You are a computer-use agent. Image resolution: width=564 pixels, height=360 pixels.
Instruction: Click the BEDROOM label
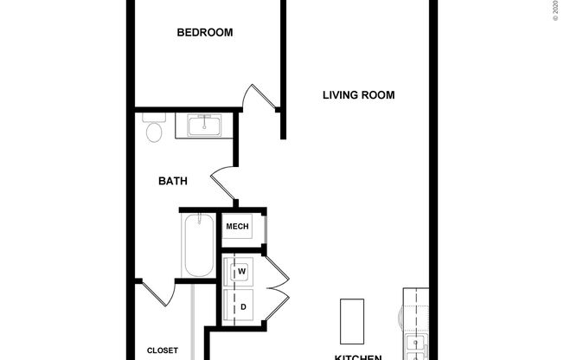[x=205, y=33]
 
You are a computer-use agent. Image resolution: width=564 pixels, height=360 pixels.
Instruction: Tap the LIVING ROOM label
[x=359, y=95]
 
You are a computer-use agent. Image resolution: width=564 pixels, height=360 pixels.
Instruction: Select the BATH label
[x=173, y=182]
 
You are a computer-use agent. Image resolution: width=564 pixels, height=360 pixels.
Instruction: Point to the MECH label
[x=237, y=228]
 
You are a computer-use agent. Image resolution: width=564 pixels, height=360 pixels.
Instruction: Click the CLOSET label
[x=162, y=350]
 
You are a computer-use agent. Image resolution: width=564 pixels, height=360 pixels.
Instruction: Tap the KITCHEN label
[x=358, y=356]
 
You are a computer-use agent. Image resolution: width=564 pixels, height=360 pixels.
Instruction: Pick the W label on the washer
[x=242, y=272]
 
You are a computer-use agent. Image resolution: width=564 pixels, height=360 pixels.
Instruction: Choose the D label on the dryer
[x=243, y=306]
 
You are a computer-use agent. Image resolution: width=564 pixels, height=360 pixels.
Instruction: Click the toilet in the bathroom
[x=154, y=129]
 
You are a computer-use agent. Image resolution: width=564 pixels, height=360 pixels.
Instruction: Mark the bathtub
[x=197, y=246]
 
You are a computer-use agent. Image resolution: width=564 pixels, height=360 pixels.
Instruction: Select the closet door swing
[x=157, y=292]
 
